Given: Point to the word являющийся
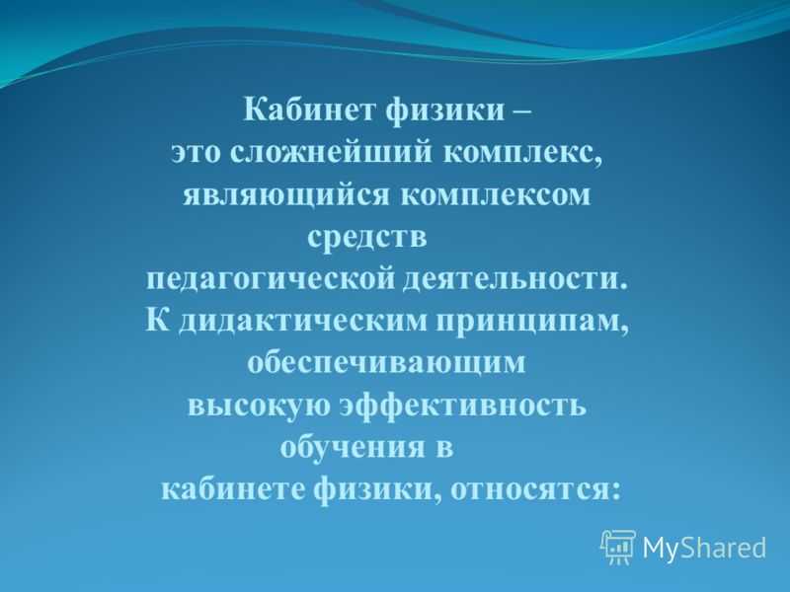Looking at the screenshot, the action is (x=285, y=195).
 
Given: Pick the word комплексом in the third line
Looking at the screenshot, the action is (x=496, y=195).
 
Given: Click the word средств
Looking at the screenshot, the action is (x=366, y=238).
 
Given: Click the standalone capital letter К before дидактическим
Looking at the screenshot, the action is (x=157, y=320).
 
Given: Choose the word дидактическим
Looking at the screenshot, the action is (x=303, y=323).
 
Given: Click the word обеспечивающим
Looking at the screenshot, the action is (x=386, y=363).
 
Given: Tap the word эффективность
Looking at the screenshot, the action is (x=463, y=405).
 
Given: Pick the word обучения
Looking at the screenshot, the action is (x=353, y=447).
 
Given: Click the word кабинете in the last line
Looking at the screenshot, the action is (x=233, y=489).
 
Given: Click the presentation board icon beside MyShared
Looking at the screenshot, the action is (x=618, y=547).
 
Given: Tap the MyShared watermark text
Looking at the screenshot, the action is (x=704, y=548).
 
